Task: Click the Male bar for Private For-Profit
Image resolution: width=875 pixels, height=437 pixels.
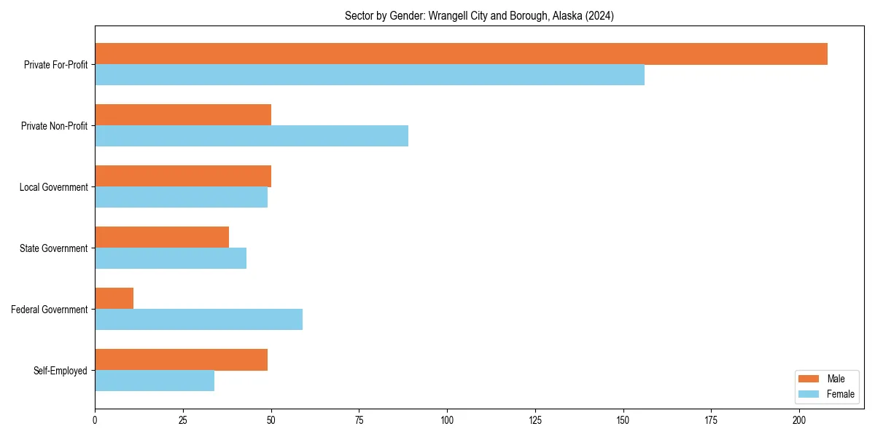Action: (461, 54)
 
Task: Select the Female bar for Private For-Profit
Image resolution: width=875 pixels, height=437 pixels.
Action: (370, 75)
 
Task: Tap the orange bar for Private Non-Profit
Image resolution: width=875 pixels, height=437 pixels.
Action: (183, 115)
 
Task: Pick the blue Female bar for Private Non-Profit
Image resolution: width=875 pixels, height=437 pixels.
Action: (252, 136)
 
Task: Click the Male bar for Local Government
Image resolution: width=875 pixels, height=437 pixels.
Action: (183, 176)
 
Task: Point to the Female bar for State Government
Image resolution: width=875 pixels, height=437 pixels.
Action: (171, 259)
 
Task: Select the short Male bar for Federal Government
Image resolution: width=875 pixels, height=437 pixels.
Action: (114, 299)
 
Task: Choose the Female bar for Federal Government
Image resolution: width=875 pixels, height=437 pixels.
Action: (198, 320)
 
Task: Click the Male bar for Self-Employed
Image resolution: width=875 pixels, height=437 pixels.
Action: (181, 360)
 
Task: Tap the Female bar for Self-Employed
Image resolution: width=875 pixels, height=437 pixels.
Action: (155, 381)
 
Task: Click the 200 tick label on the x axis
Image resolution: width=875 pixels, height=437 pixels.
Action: (799, 420)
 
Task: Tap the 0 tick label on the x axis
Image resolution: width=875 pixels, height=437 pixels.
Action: (95, 420)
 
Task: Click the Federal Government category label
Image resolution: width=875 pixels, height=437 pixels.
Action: (49, 310)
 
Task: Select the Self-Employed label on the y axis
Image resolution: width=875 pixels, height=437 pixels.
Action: (60, 371)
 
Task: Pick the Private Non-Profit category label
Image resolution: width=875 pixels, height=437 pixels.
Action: (54, 126)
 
